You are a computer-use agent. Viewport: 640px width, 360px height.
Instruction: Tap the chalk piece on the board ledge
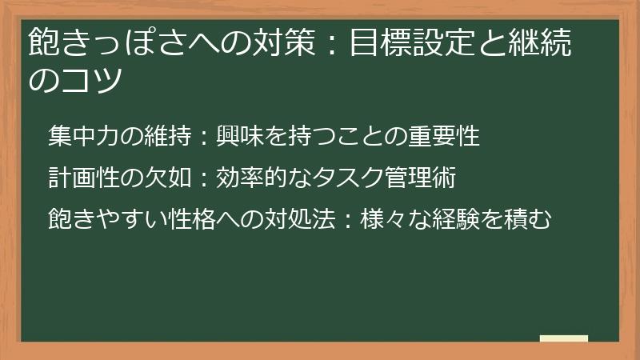563,338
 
